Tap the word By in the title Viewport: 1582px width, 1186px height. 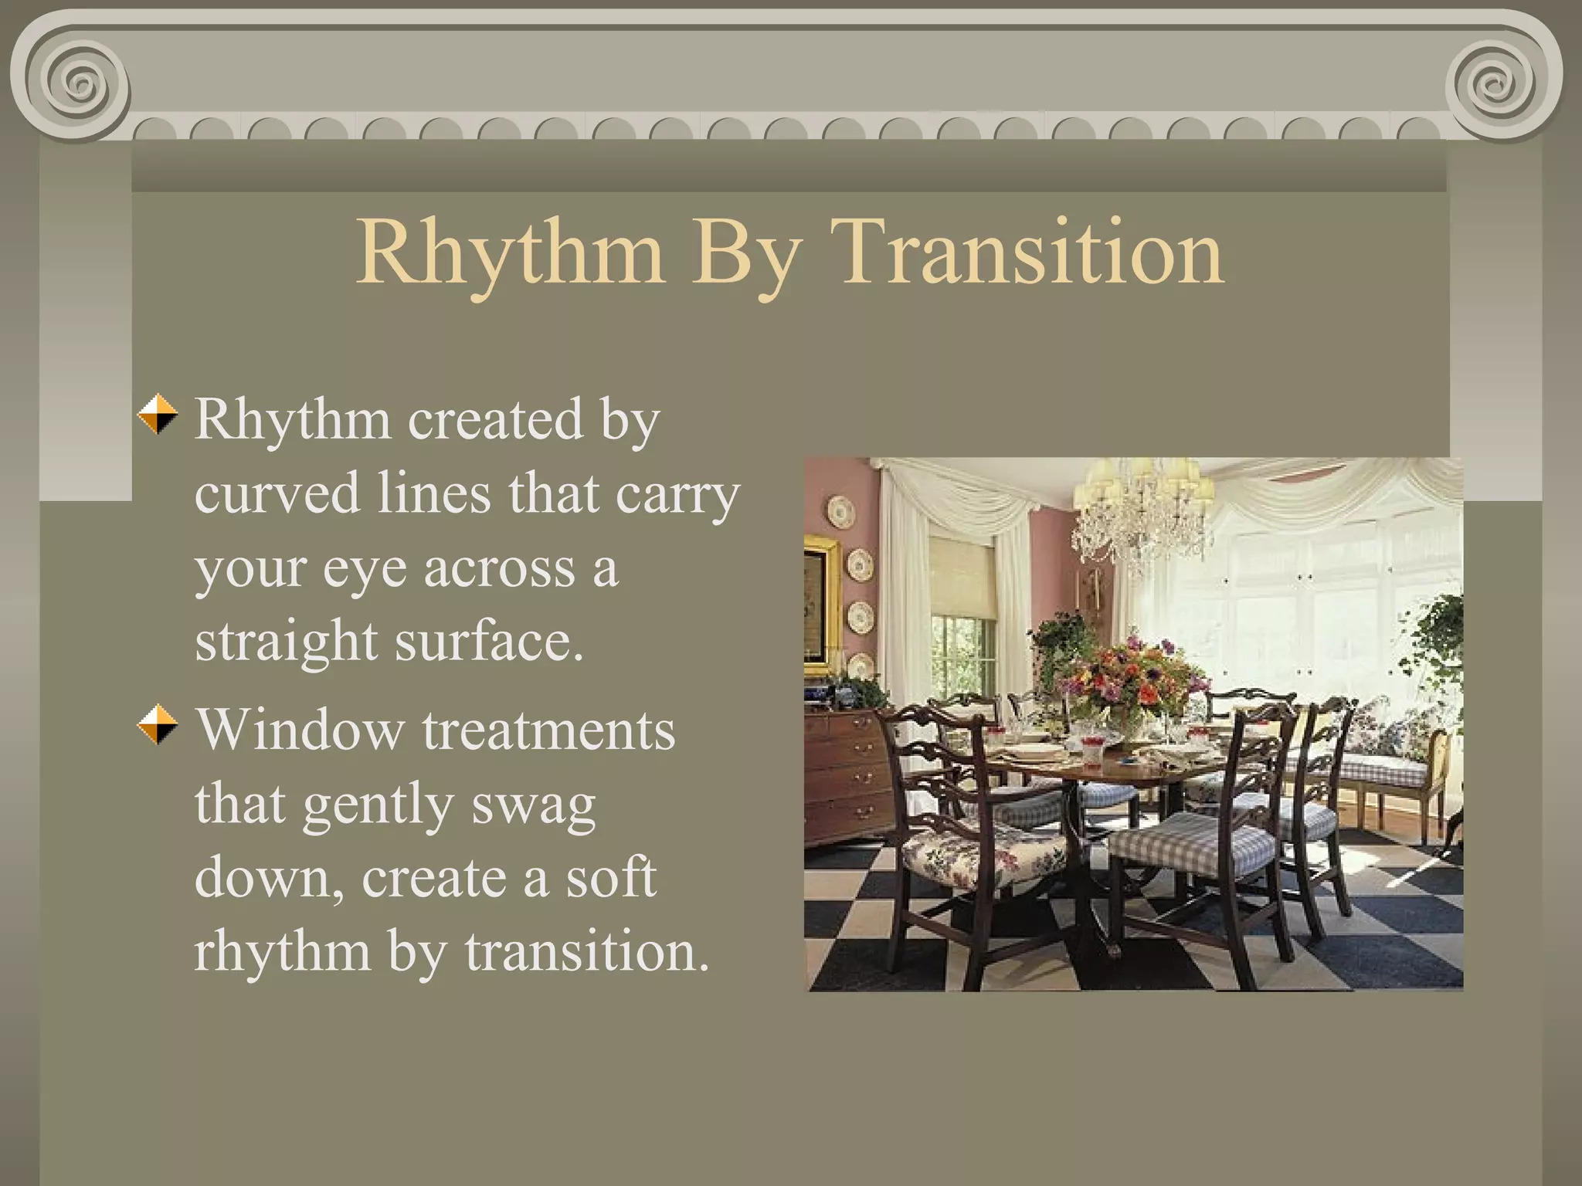(x=746, y=255)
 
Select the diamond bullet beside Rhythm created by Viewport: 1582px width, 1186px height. (x=158, y=415)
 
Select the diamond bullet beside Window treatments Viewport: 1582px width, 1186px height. (x=158, y=724)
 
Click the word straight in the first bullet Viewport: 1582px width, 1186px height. (x=286, y=642)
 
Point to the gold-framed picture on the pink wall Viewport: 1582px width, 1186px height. (x=820, y=602)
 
